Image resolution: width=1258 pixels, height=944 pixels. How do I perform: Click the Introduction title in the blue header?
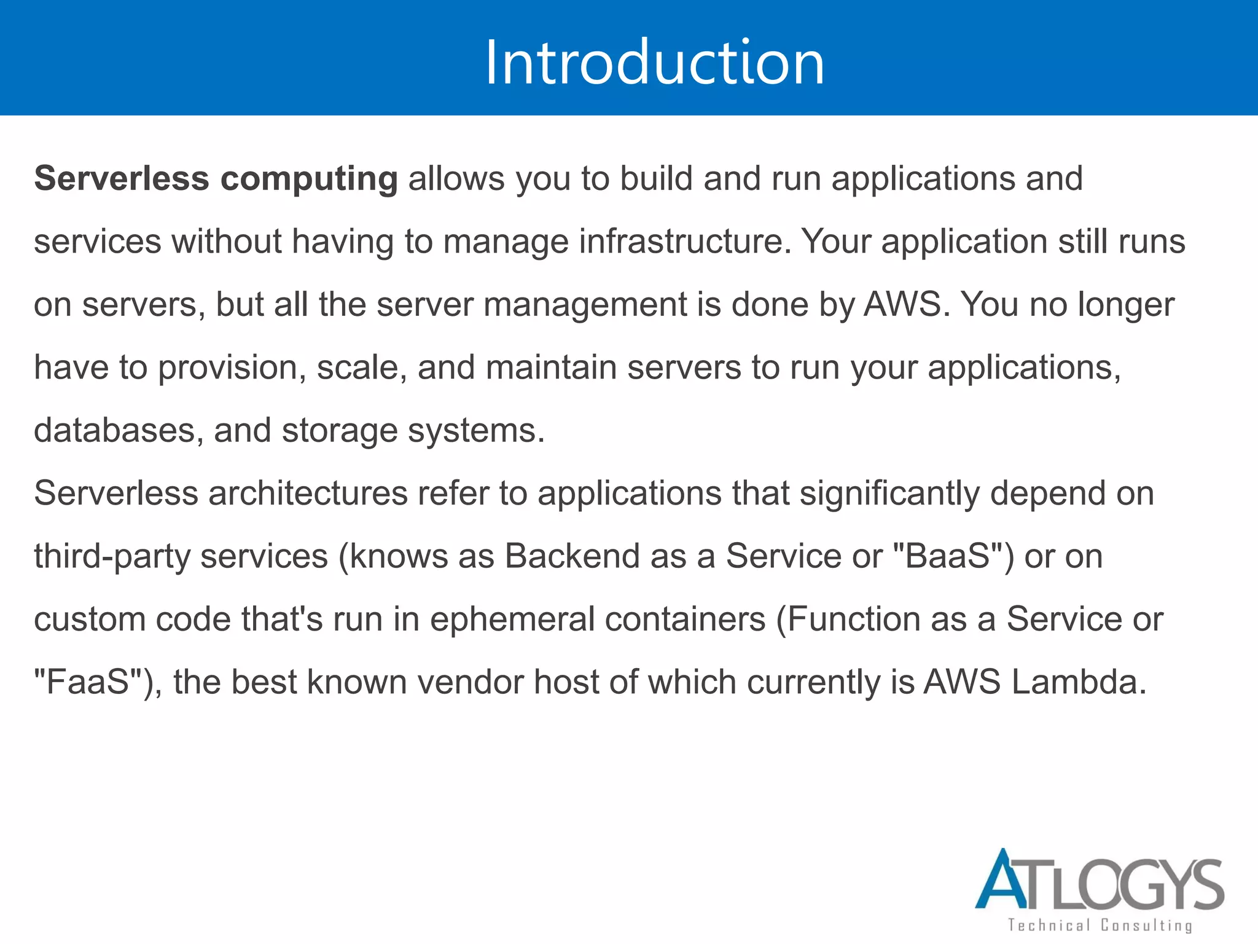click(x=654, y=62)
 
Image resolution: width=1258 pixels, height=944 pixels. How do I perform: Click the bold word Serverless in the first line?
click(x=122, y=179)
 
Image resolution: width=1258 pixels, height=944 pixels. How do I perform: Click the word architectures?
click(x=308, y=494)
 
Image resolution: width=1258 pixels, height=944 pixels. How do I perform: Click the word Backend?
click(x=572, y=556)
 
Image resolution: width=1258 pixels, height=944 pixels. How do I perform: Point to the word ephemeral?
click(x=512, y=619)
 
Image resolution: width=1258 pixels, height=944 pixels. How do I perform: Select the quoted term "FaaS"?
click(x=89, y=682)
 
